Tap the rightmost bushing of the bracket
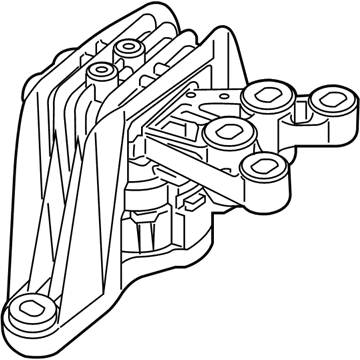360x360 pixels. [325, 104]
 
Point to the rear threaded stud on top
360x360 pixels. [128, 50]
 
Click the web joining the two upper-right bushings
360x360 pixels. [297, 104]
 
